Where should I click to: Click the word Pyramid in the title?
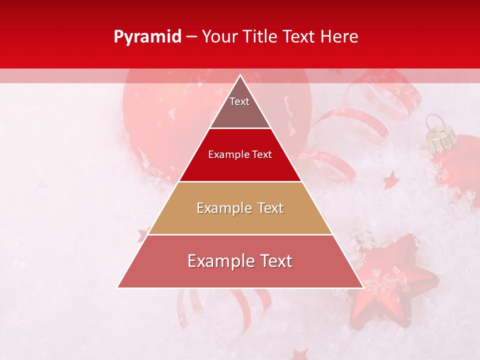(x=147, y=37)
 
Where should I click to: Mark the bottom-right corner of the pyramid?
(x=362, y=287)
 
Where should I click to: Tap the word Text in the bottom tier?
(x=274, y=261)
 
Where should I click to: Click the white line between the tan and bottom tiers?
(x=240, y=234)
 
